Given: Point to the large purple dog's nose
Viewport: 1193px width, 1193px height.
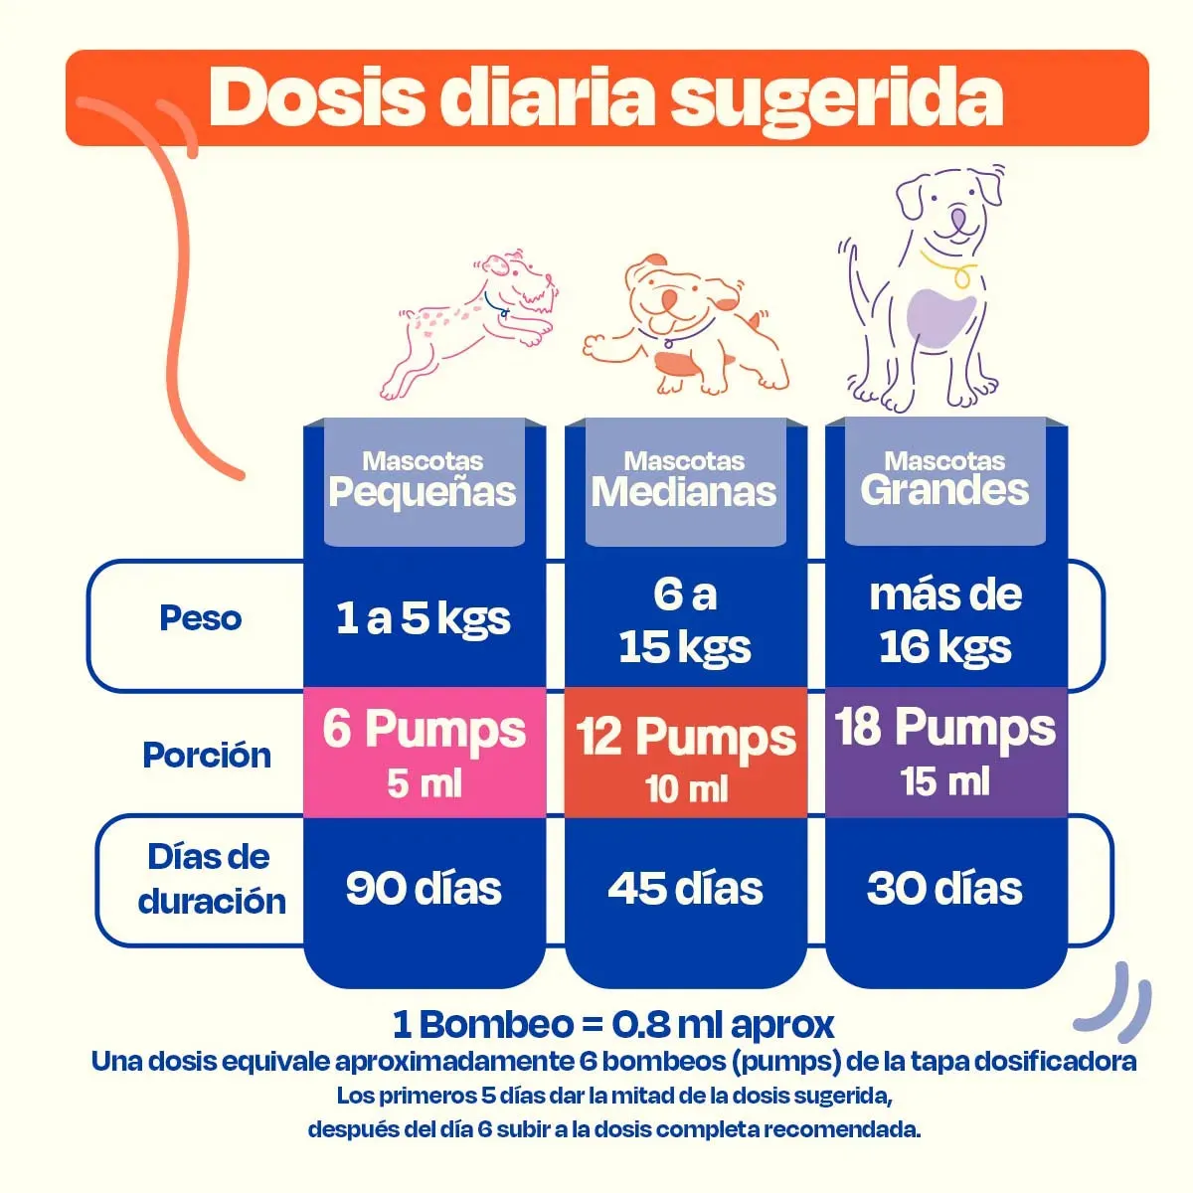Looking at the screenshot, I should [958, 218].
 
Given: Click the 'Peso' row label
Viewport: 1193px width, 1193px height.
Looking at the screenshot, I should [201, 618].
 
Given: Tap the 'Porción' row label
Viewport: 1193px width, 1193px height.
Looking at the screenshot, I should [207, 755].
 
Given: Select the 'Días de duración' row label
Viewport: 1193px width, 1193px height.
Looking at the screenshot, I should [211, 879].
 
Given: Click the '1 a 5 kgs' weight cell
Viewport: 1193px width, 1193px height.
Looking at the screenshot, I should [424, 618].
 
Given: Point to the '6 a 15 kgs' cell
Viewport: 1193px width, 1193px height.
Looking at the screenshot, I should [685, 620].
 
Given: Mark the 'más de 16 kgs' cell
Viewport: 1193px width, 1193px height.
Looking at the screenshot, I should [945, 620].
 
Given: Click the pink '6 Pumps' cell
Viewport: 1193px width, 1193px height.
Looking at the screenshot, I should [425, 753].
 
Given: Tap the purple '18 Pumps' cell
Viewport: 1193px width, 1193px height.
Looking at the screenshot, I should [945, 751].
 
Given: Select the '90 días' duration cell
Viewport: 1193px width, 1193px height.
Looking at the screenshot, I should [424, 888].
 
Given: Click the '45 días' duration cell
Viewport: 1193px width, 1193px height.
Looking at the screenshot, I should [685, 888].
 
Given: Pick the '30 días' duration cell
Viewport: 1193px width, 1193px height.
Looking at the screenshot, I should [944, 888].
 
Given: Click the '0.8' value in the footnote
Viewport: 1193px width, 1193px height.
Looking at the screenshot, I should [640, 1024].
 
